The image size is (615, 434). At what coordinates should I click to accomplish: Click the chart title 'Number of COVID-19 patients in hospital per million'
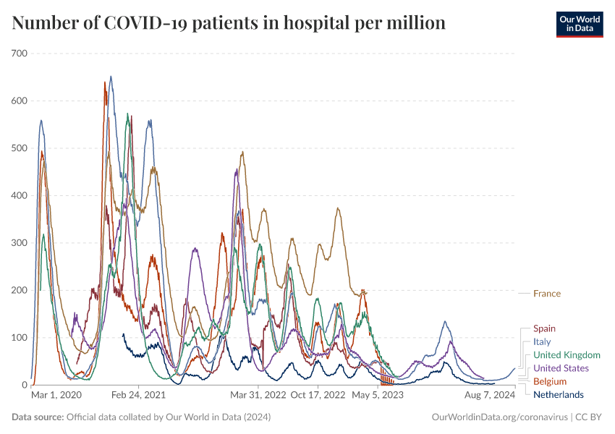(x=229, y=23)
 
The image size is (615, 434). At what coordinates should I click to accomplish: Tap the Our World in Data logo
(x=579, y=24)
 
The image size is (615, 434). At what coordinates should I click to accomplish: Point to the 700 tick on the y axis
(x=20, y=54)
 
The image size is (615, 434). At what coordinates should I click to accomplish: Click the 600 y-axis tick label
(x=20, y=101)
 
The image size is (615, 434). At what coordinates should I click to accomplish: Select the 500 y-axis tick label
(x=20, y=148)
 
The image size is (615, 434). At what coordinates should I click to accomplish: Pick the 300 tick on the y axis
(x=20, y=243)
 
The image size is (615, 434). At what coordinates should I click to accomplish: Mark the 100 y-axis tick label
(x=20, y=338)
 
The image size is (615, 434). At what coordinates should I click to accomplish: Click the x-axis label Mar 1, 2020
(x=56, y=395)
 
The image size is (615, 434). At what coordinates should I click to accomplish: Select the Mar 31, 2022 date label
(x=258, y=395)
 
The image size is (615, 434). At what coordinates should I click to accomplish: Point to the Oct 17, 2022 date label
(x=318, y=395)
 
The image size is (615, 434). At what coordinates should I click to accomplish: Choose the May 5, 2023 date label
(x=378, y=395)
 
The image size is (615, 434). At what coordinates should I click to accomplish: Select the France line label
(x=547, y=294)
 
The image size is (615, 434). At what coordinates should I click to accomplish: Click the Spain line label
(x=544, y=328)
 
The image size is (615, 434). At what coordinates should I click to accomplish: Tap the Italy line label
(x=542, y=341)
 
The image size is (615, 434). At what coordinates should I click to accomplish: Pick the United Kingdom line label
(x=567, y=355)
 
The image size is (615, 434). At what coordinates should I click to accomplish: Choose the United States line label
(x=561, y=368)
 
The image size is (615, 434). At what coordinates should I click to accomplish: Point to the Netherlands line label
(x=558, y=394)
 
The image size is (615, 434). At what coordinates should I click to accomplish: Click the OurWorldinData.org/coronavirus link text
(x=499, y=417)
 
